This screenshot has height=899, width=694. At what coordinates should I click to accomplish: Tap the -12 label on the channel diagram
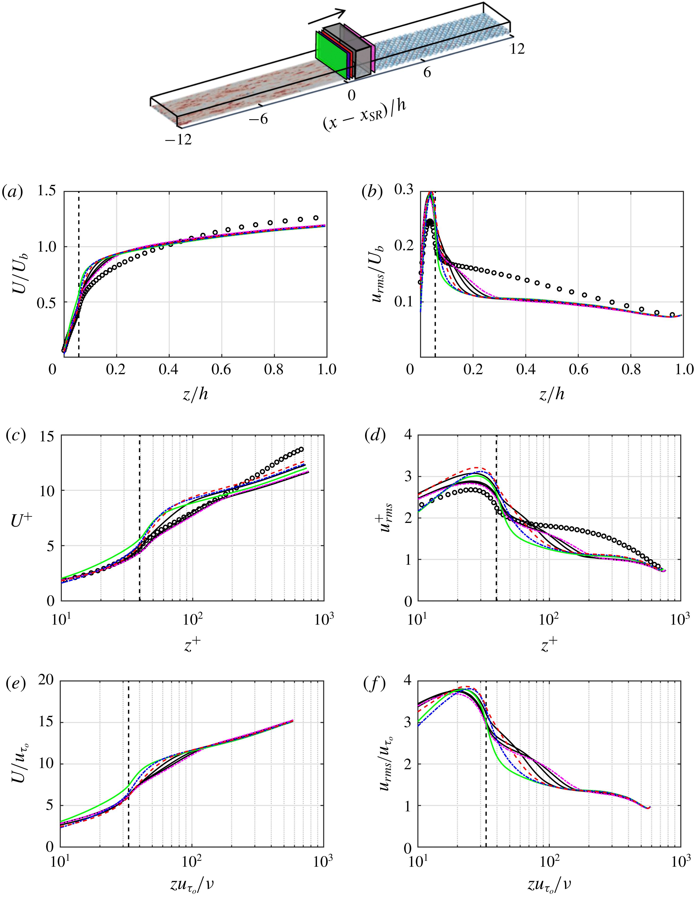(x=179, y=140)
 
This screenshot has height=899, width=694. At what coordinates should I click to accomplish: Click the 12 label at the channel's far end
(x=517, y=49)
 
